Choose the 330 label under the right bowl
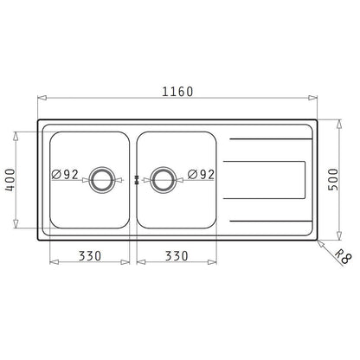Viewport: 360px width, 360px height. [x=176, y=257]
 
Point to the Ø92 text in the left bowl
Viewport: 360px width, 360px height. [x=66, y=174]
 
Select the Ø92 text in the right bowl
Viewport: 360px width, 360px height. [x=201, y=174]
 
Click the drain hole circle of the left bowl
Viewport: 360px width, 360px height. [x=103, y=179]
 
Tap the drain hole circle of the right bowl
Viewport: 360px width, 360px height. [x=162, y=179]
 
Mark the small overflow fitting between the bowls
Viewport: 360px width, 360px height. [x=136, y=179]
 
